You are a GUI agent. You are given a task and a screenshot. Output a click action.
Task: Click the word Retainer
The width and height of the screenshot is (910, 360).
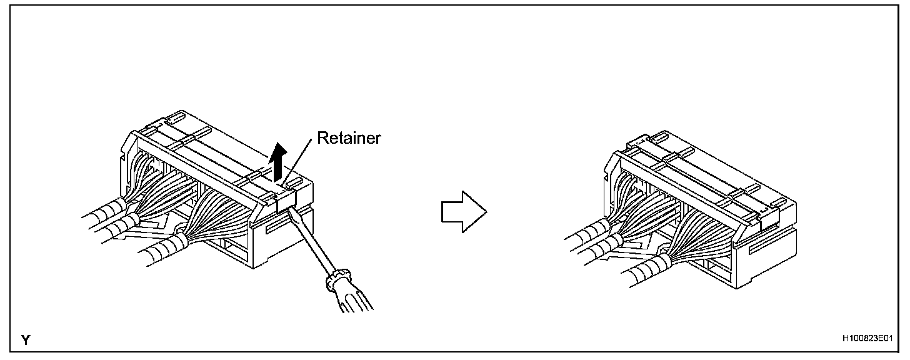[x=348, y=138]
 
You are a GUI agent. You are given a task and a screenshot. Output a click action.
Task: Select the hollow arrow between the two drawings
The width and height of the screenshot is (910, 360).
[x=463, y=211]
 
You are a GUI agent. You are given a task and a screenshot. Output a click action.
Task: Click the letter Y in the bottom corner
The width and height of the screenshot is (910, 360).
[x=26, y=340]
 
